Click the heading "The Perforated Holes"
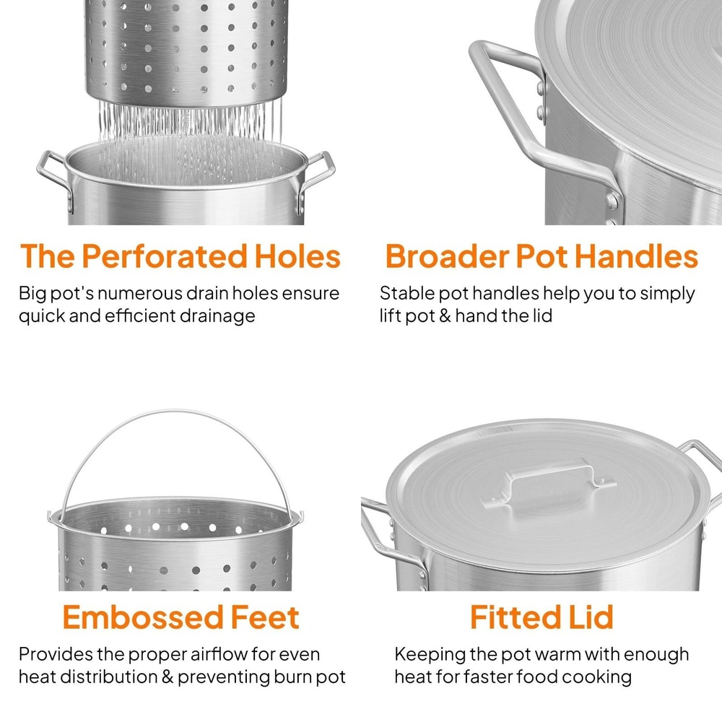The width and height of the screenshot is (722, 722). click(180, 256)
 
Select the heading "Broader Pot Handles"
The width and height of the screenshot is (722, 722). click(541, 256)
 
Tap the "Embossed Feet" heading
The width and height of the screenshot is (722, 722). click(180, 617)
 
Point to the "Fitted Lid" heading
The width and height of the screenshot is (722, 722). click(541, 617)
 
